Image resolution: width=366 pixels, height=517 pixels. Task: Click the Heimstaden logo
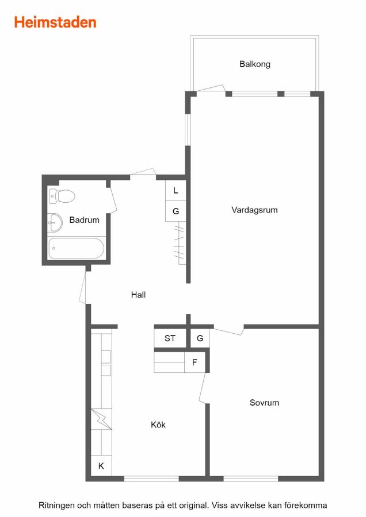point(55,22)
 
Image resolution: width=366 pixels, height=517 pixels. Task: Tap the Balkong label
point(255,64)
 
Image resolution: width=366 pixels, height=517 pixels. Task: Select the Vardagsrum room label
point(254,210)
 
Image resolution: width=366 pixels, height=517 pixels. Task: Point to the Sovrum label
point(264,403)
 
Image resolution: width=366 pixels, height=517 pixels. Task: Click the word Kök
point(158,425)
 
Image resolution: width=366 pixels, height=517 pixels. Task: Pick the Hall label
point(138,295)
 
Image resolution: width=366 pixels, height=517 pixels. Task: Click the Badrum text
point(84,220)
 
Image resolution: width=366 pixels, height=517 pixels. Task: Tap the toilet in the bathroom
point(62,196)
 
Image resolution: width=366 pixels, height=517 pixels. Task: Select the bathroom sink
point(55,222)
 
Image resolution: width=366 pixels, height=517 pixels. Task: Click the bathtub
point(77,248)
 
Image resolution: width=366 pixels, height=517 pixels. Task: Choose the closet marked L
point(176,190)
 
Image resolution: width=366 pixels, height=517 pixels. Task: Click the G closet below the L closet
point(176,211)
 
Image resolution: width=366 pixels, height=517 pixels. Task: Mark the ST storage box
point(170,338)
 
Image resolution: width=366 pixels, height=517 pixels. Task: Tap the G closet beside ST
point(200,338)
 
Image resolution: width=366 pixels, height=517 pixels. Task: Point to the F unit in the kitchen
point(195,362)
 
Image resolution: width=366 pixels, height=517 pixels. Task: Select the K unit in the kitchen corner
point(101,465)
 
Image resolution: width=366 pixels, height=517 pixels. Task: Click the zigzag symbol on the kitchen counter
point(101,419)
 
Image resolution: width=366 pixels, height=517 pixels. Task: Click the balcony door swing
point(211,88)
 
